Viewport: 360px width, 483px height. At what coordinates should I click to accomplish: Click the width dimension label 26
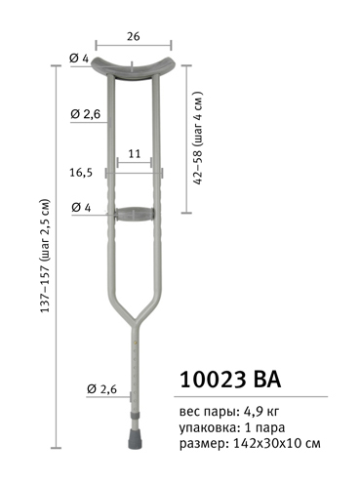(x=134, y=36)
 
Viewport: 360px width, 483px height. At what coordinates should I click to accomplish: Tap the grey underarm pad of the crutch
(x=134, y=68)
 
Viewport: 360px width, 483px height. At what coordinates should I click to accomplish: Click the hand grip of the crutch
(x=135, y=215)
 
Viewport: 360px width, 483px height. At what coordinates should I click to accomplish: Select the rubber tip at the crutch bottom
(x=135, y=439)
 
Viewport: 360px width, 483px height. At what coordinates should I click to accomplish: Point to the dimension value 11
(x=134, y=153)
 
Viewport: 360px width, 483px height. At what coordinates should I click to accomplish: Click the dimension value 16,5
(x=81, y=173)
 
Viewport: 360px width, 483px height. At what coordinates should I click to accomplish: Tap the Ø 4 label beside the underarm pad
(x=79, y=59)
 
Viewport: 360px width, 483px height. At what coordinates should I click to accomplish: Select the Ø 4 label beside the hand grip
(x=81, y=207)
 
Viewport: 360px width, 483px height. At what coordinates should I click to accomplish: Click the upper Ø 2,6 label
(x=86, y=114)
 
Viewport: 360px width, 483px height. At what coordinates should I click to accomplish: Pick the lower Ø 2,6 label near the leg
(x=101, y=389)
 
